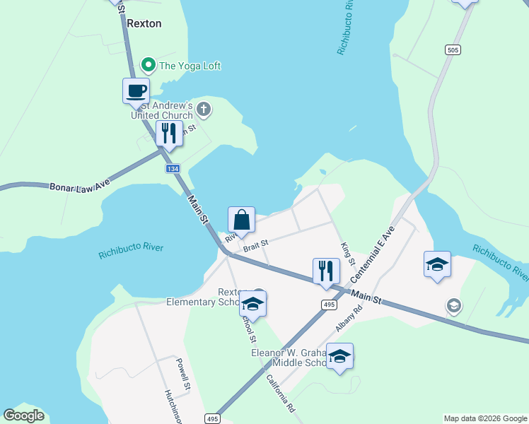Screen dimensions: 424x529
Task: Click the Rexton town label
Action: point(144,23)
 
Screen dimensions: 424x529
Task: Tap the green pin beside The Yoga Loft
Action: point(149,66)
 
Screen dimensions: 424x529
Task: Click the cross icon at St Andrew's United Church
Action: point(204,109)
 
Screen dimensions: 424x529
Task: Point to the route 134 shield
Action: point(173,170)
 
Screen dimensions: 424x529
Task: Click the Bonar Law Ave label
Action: point(80,187)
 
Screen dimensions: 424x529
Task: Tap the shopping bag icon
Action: point(241,220)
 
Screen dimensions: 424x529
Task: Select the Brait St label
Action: point(256,244)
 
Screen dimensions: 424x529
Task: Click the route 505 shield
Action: point(453,49)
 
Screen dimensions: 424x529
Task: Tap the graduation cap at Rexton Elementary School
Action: point(252,304)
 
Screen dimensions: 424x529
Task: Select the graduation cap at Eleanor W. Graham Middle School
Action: point(339,356)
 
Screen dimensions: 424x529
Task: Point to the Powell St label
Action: point(184,374)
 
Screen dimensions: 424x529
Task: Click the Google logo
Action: point(24,416)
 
